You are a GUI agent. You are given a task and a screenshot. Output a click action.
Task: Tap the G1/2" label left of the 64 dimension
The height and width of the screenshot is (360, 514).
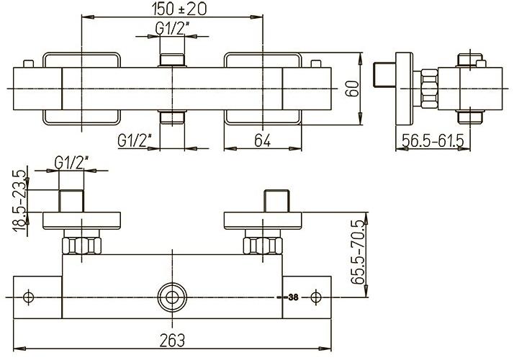[x=135, y=141]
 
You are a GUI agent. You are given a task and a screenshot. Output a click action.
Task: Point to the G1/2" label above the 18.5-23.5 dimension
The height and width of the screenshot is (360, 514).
[x=73, y=163]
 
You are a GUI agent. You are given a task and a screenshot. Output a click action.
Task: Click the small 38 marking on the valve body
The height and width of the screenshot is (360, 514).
[x=292, y=297]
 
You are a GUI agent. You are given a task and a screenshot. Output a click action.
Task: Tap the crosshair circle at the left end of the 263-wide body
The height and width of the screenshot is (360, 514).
[x=30, y=297]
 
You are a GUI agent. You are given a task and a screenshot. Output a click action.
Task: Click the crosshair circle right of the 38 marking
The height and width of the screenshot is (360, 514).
[x=315, y=297]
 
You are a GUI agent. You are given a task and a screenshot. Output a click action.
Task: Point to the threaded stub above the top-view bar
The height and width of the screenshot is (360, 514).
[x=171, y=58]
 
